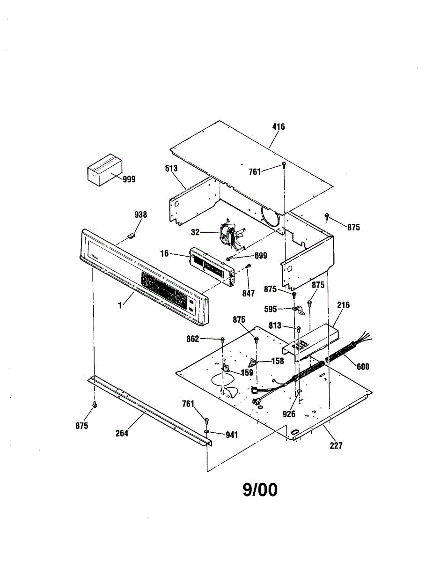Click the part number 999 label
[x=129, y=179]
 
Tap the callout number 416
[x=278, y=127]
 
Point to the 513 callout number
[x=172, y=169]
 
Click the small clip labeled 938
[x=132, y=235]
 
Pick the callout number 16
[x=164, y=253]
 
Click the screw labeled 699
[x=228, y=259]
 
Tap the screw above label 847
[x=249, y=266]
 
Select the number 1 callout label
[x=120, y=305]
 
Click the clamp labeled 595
[x=296, y=309]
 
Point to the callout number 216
[x=343, y=305]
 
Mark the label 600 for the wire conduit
[x=362, y=367]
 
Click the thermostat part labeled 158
[x=254, y=362]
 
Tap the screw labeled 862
[x=223, y=339]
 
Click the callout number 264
[x=122, y=433]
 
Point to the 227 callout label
[x=336, y=445]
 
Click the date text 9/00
[x=260, y=490]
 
